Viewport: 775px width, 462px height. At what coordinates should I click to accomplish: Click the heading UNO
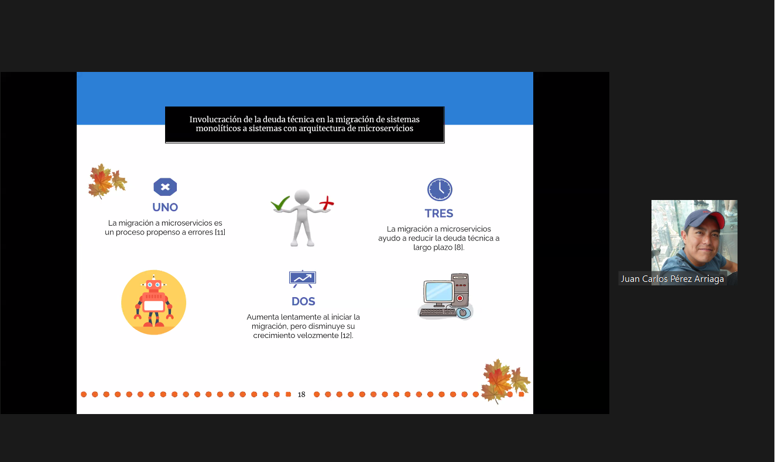click(165, 208)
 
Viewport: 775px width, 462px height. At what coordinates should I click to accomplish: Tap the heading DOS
click(303, 301)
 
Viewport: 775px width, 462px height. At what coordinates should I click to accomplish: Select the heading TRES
click(438, 213)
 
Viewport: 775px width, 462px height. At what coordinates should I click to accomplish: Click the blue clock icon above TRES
click(440, 189)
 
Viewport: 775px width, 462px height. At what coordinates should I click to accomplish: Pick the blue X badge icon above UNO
click(165, 187)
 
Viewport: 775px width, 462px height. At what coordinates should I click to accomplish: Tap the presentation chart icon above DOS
click(303, 279)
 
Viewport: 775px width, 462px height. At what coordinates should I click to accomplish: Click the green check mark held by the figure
click(280, 203)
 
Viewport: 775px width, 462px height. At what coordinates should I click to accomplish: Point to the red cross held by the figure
click(326, 203)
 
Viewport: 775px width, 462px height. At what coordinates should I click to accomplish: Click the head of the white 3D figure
click(301, 196)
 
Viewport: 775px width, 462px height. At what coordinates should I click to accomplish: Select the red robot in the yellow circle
click(153, 301)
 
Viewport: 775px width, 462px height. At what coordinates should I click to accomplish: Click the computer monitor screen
click(438, 292)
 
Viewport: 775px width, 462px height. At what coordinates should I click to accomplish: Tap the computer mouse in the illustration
click(463, 313)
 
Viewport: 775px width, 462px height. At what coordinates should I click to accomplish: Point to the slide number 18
click(301, 395)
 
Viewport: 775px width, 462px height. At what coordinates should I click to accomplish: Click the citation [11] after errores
click(220, 232)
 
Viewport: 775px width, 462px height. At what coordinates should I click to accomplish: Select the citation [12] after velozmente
click(347, 336)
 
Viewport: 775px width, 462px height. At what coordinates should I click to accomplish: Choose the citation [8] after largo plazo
click(459, 247)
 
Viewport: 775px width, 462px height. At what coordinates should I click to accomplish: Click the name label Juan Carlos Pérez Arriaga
click(672, 279)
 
